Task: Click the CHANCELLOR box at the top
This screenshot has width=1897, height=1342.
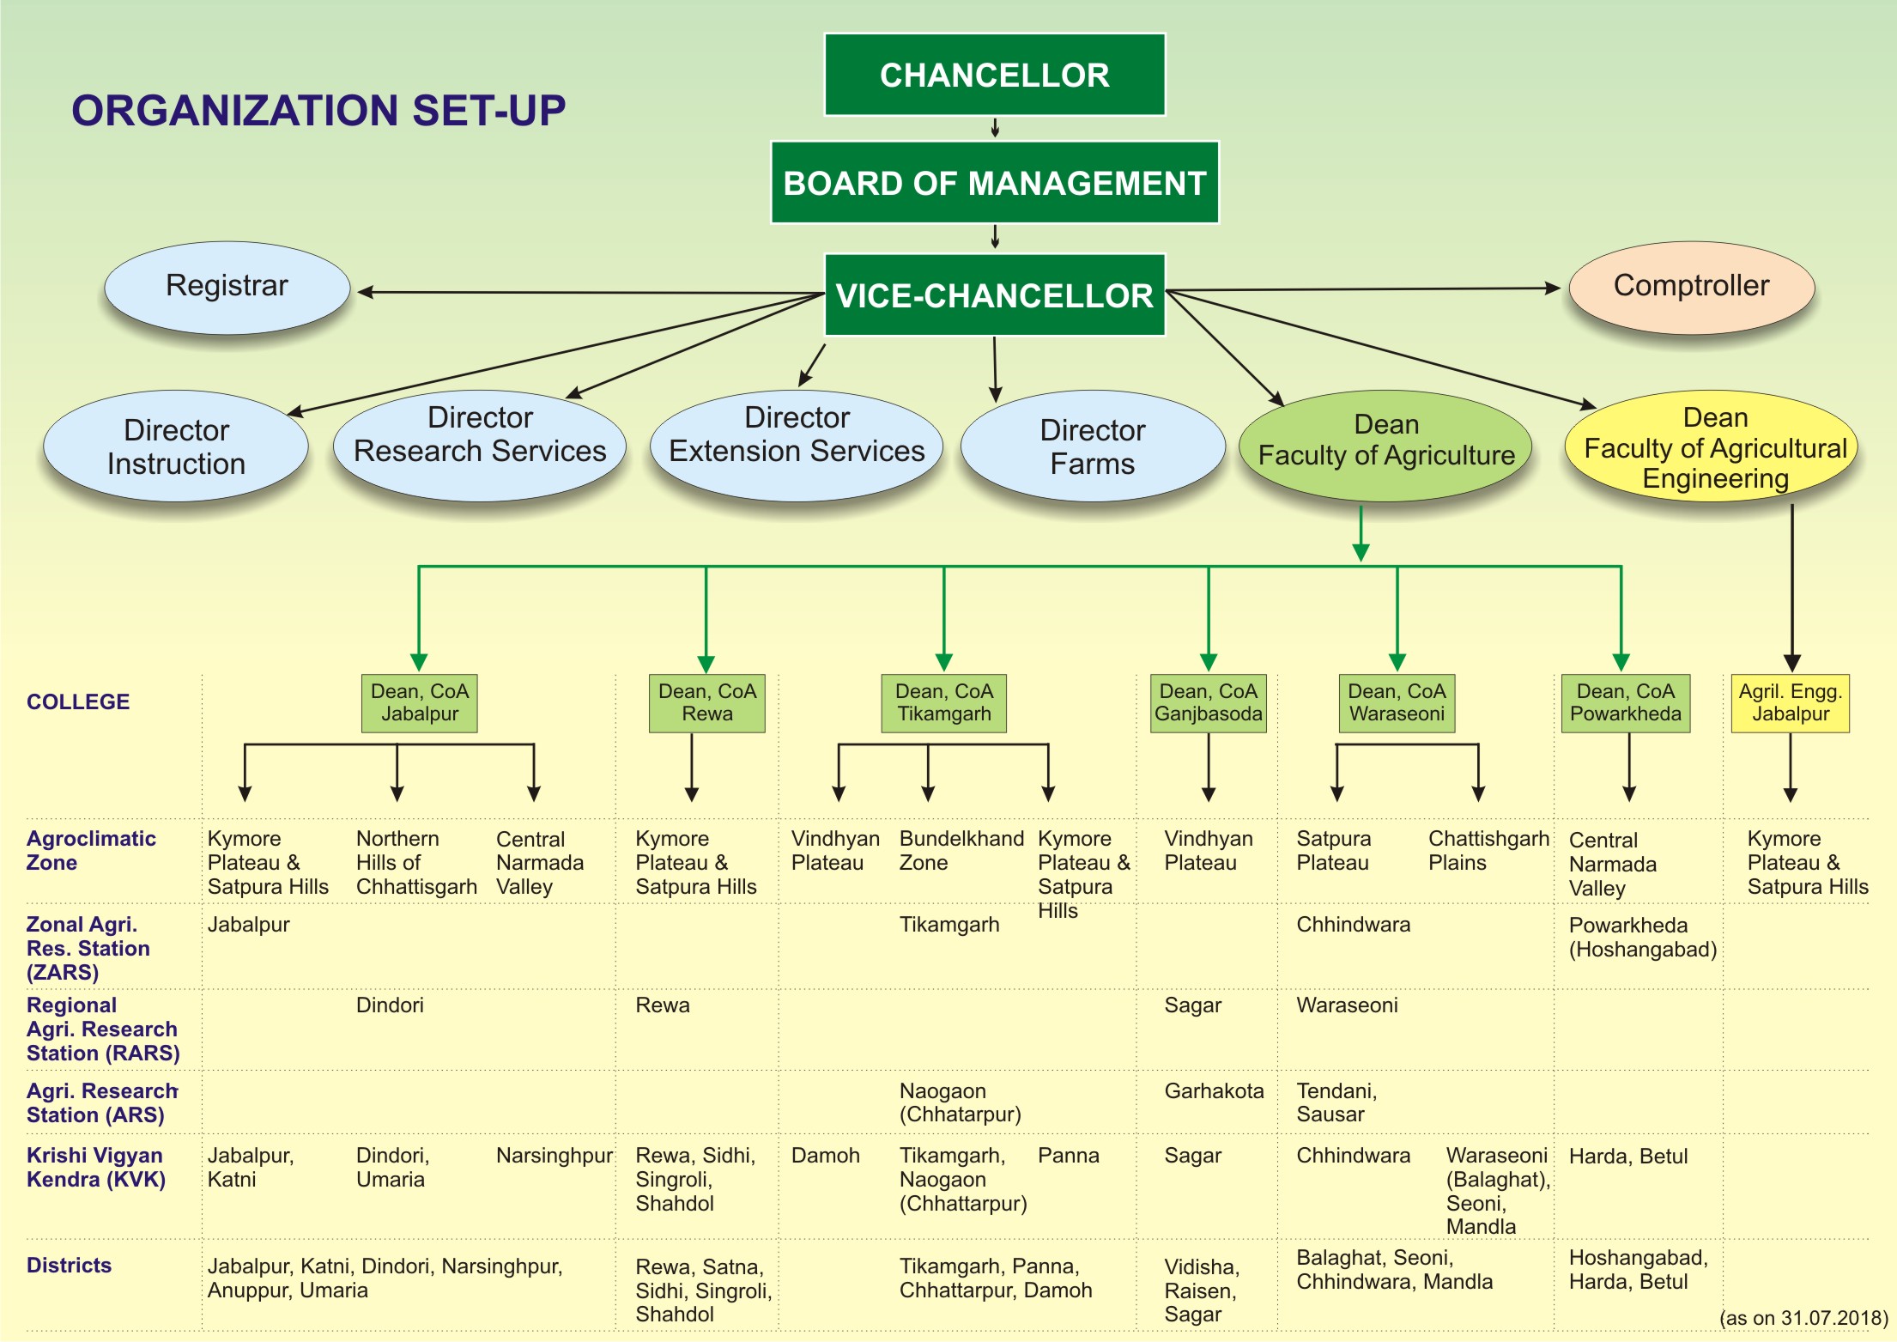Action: point(994,75)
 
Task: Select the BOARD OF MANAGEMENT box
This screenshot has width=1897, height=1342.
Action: point(995,183)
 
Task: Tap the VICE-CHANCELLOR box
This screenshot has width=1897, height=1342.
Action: point(994,295)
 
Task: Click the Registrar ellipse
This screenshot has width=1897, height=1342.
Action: point(227,288)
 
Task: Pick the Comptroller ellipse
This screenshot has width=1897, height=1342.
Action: point(1692,288)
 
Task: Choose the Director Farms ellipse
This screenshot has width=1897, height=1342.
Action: point(1093,446)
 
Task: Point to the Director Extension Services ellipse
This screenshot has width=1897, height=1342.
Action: point(797,446)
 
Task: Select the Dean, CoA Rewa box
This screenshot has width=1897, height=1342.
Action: point(707,703)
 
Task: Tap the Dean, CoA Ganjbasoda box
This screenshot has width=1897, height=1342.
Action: point(1209,703)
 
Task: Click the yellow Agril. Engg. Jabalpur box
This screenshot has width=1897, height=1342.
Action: point(1791,703)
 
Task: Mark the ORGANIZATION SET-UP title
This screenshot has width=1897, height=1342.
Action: point(318,111)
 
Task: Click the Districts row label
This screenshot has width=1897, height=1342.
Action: point(70,1265)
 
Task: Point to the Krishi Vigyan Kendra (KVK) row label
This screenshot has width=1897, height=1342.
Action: point(96,1167)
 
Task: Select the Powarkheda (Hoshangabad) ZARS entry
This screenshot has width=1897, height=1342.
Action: point(1643,937)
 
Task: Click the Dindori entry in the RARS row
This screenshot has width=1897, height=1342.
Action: point(390,1005)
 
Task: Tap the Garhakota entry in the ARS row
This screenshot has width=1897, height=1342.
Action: point(1214,1090)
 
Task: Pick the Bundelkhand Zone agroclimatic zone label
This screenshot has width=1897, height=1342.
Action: point(961,850)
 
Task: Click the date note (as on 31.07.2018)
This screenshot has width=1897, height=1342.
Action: point(1804,1318)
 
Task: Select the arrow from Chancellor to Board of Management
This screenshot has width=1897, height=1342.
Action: point(995,128)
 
